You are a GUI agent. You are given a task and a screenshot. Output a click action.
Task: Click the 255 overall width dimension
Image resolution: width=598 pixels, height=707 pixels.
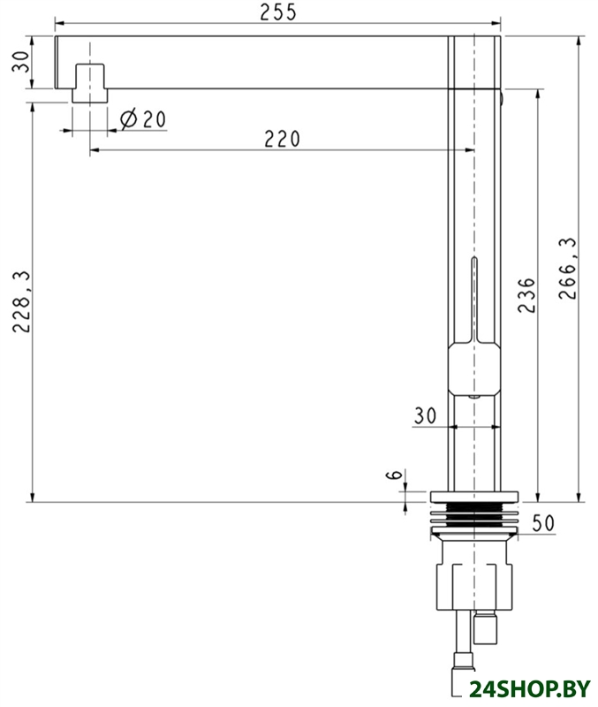[278, 12]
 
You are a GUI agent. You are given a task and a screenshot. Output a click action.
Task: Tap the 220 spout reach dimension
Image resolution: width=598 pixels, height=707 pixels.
[282, 139]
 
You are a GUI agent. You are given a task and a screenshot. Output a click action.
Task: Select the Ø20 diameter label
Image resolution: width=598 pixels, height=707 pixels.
[143, 119]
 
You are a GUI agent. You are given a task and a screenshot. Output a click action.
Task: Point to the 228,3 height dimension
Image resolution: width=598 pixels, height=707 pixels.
[20, 301]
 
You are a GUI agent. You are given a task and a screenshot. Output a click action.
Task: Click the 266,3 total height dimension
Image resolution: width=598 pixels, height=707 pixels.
[567, 269]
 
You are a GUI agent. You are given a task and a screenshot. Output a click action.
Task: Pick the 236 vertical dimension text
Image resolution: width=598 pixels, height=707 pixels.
[526, 296]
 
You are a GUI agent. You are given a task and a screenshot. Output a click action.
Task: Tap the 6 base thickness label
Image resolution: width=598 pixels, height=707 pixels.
[394, 475]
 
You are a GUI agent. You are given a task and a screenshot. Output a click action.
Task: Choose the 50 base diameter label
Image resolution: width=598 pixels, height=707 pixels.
[543, 523]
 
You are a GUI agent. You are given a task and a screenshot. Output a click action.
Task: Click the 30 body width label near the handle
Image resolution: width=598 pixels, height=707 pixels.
[425, 415]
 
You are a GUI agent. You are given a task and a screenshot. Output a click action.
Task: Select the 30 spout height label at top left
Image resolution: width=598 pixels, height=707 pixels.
[20, 62]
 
